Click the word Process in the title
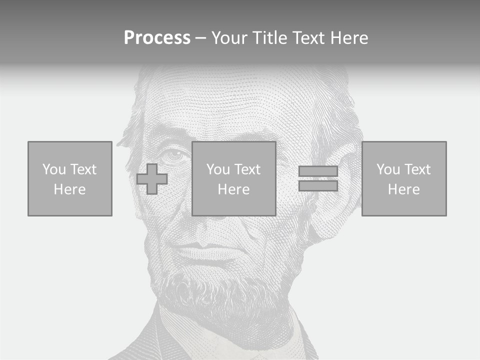click(157, 38)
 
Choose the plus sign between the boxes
click(152, 179)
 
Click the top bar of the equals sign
click(318, 171)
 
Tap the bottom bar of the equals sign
click(318, 185)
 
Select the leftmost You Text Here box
click(70, 178)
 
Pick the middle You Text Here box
click(234, 178)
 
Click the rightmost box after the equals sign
click(404, 178)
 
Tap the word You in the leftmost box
click(53, 169)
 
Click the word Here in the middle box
click(234, 189)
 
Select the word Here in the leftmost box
click(70, 189)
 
